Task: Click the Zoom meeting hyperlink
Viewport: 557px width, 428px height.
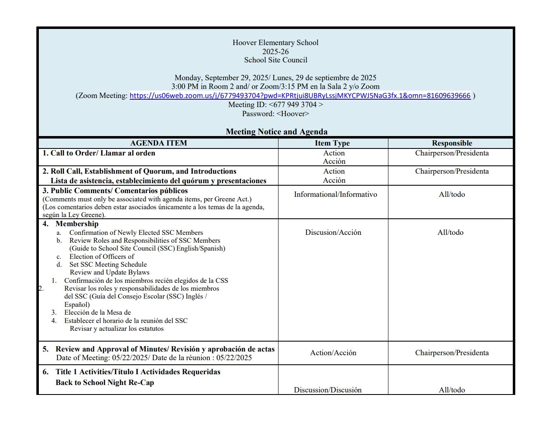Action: click(x=300, y=96)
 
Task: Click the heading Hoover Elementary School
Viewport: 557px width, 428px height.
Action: click(x=275, y=43)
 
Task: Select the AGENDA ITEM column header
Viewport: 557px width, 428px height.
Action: click(x=158, y=143)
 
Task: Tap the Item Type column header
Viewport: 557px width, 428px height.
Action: click(x=332, y=143)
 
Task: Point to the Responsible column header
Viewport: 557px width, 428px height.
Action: click(x=452, y=143)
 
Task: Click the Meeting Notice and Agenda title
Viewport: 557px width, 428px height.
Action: click(x=276, y=132)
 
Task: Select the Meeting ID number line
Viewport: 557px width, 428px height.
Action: click(x=276, y=105)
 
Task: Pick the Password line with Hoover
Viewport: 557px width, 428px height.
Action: click(x=275, y=114)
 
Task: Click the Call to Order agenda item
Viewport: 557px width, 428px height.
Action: click(x=99, y=153)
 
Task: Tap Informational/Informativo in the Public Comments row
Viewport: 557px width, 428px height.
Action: click(x=335, y=194)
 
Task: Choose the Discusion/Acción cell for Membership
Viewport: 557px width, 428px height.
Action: click(x=333, y=232)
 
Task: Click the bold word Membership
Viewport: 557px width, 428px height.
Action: click(x=77, y=224)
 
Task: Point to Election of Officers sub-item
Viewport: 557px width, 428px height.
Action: click(x=102, y=256)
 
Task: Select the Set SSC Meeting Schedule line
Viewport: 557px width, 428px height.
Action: click(x=108, y=264)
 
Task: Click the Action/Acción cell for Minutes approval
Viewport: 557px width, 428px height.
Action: click(x=333, y=353)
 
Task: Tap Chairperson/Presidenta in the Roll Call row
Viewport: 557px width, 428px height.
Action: click(x=452, y=171)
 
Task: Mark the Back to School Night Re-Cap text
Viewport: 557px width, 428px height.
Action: click(x=105, y=383)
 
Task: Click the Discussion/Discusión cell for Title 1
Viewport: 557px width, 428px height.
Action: click(x=327, y=390)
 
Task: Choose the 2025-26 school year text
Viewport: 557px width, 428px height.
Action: click(x=275, y=52)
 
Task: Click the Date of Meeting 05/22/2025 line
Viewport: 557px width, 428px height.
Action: click(x=154, y=358)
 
